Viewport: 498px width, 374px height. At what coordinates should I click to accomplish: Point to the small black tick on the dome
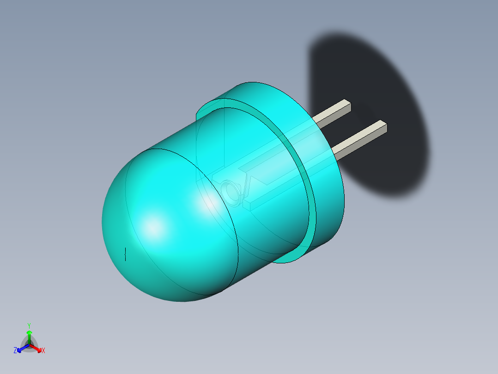point(125,254)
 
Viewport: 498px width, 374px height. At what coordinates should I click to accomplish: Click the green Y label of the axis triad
point(29,325)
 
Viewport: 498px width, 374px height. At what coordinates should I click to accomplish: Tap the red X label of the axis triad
point(43,351)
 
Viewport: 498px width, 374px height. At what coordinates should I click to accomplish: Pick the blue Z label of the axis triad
point(15,351)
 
